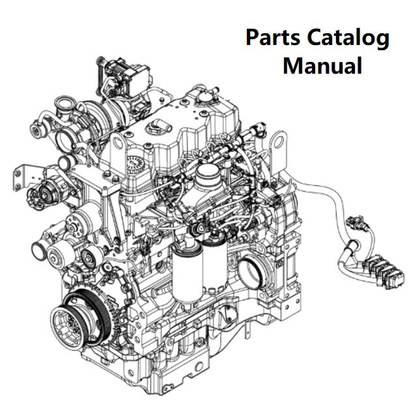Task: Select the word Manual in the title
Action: click(322, 66)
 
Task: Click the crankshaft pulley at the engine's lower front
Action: click(83, 320)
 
